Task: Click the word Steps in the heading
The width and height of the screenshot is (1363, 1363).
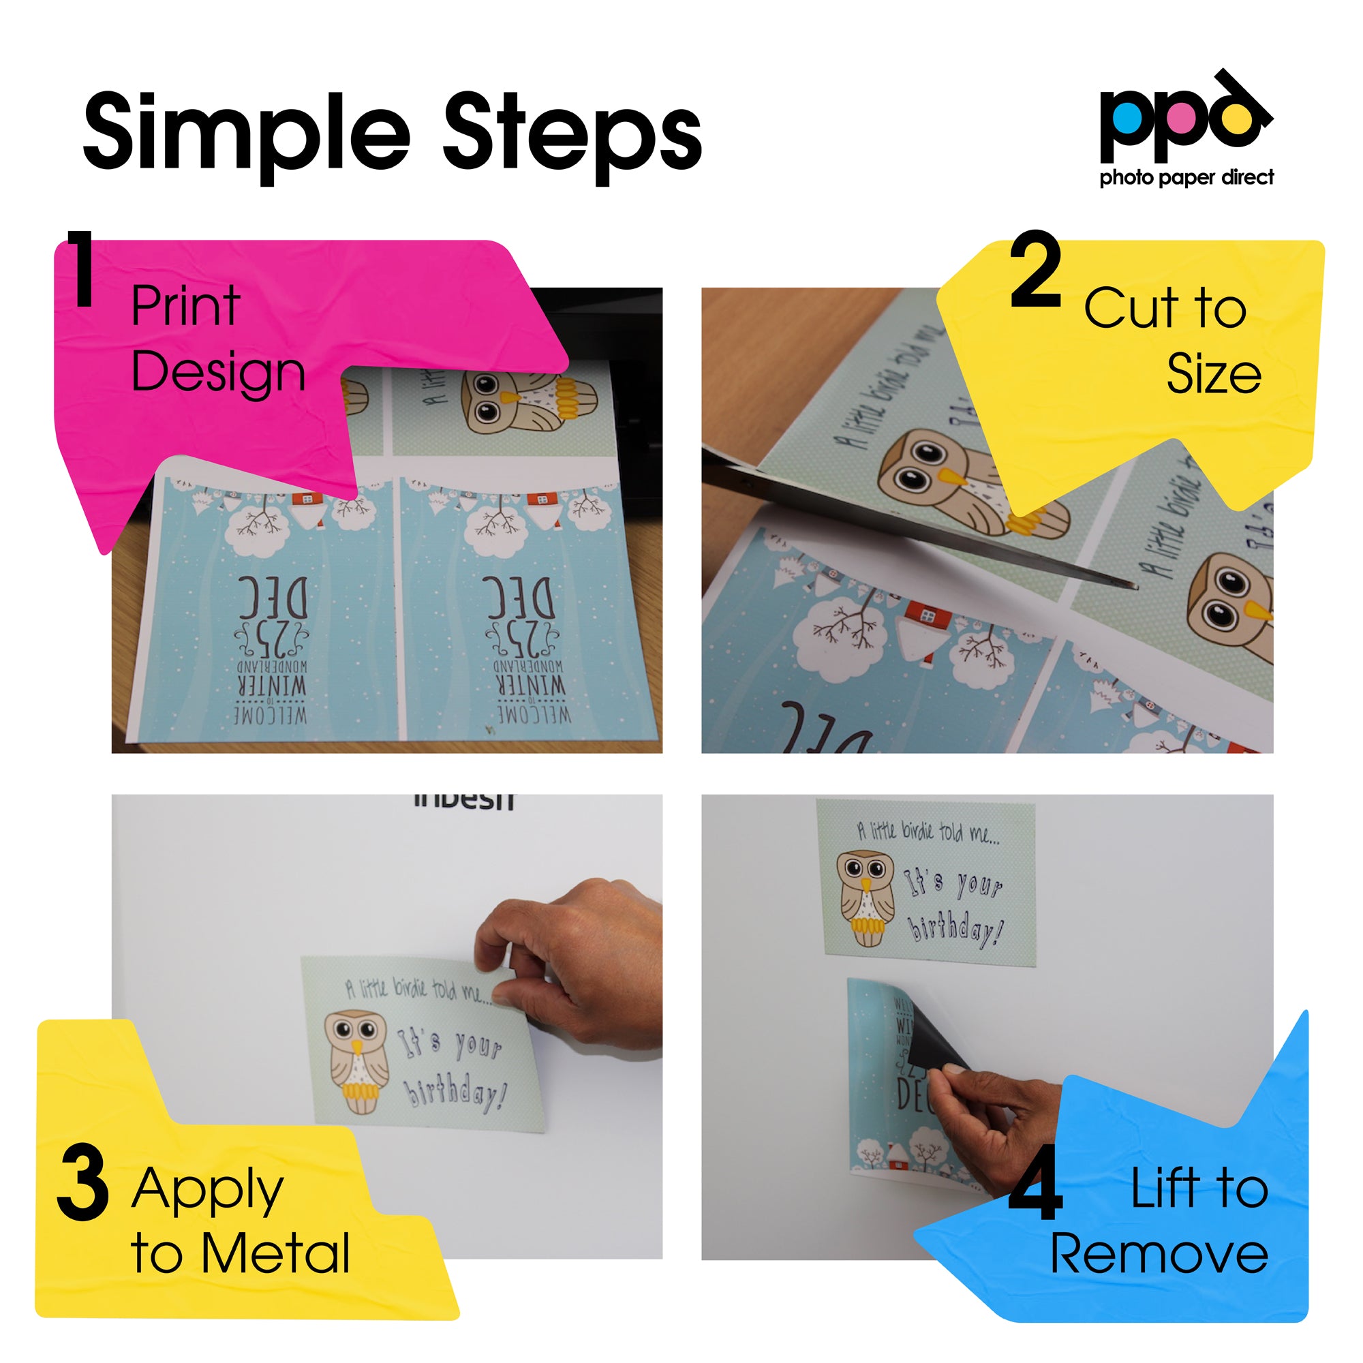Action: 572,134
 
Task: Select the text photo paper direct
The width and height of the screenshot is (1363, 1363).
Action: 1186,177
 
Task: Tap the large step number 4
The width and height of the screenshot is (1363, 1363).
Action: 1035,1184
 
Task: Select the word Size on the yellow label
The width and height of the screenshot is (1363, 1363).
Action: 1214,374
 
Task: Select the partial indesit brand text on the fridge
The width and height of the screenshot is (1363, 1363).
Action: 464,801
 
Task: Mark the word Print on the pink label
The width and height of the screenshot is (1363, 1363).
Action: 185,306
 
